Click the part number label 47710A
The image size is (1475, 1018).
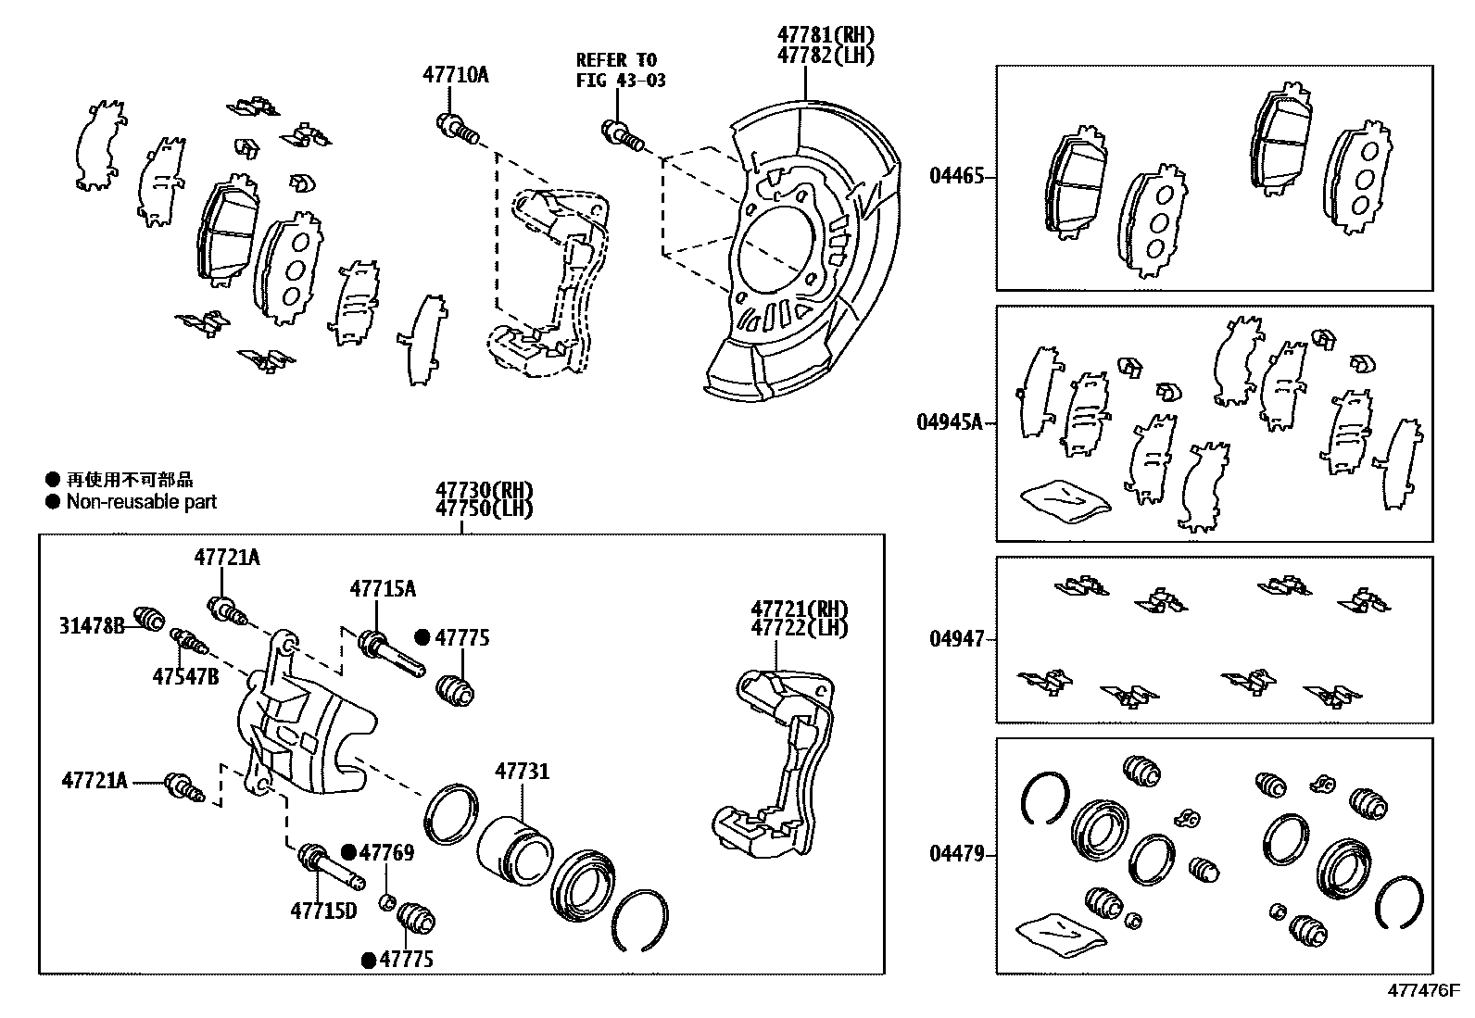click(x=456, y=75)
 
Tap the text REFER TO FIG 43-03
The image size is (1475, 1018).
click(x=621, y=69)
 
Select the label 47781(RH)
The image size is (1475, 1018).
click(x=826, y=35)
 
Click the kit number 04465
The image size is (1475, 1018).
click(x=956, y=176)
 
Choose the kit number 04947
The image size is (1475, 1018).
click(x=956, y=638)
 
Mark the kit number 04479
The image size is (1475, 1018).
click(x=956, y=854)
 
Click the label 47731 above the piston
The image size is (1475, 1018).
click(x=522, y=772)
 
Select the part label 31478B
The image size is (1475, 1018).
click(x=92, y=625)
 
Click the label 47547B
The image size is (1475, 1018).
click(x=185, y=676)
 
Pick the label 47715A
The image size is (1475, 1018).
click(x=382, y=588)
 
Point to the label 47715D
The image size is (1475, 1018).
click(x=323, y=911)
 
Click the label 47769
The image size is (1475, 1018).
click(x=386, y=853)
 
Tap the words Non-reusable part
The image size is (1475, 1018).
click(x=141, y=502)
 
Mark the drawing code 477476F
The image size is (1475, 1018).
click(x=1423, y=990)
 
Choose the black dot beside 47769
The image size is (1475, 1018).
click(x=348, y=853)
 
